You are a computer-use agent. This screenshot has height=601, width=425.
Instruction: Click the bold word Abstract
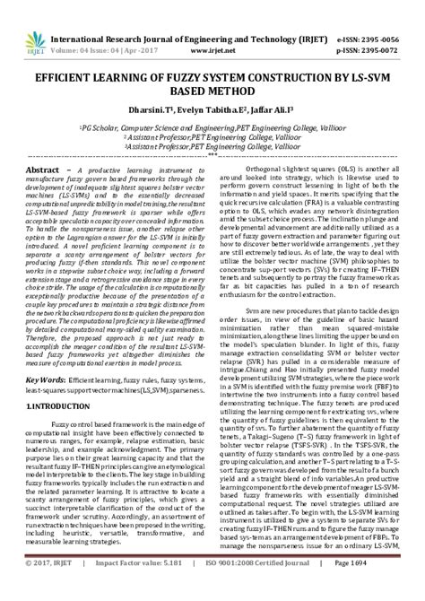click(x=44, y=170)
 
